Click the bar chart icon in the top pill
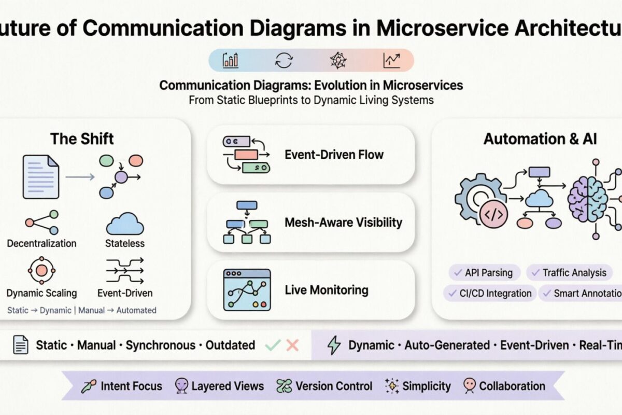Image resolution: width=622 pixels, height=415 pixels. click(231, 61)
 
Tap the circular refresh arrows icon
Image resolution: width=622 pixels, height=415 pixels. click(284, 61)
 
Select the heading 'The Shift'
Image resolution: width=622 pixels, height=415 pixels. click(82, 139)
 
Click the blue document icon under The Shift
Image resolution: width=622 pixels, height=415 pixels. click(40, 177)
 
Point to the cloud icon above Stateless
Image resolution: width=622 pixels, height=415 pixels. click(125, 224)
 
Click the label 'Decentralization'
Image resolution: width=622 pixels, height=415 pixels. click(41, 243)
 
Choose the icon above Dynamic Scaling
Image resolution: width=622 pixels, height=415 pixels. click(40, 269)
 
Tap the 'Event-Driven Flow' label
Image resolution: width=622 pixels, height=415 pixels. click(334, 154)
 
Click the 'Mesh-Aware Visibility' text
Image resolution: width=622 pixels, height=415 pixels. click(343, 223)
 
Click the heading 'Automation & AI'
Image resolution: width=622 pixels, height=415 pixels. click(540, 139)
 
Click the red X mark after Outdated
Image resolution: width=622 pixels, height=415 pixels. click(292, 345)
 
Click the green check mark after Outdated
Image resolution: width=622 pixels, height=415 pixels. click(273, 345)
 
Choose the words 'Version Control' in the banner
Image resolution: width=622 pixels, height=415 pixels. click(333, 386)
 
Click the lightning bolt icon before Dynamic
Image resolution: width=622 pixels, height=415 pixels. click(334, 345)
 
